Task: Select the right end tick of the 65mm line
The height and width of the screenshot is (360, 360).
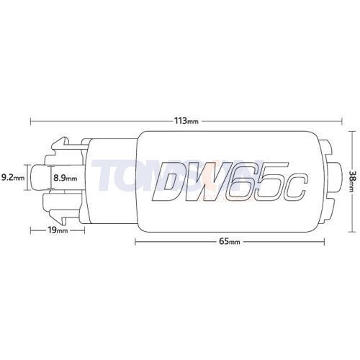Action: tap(318, 242)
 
